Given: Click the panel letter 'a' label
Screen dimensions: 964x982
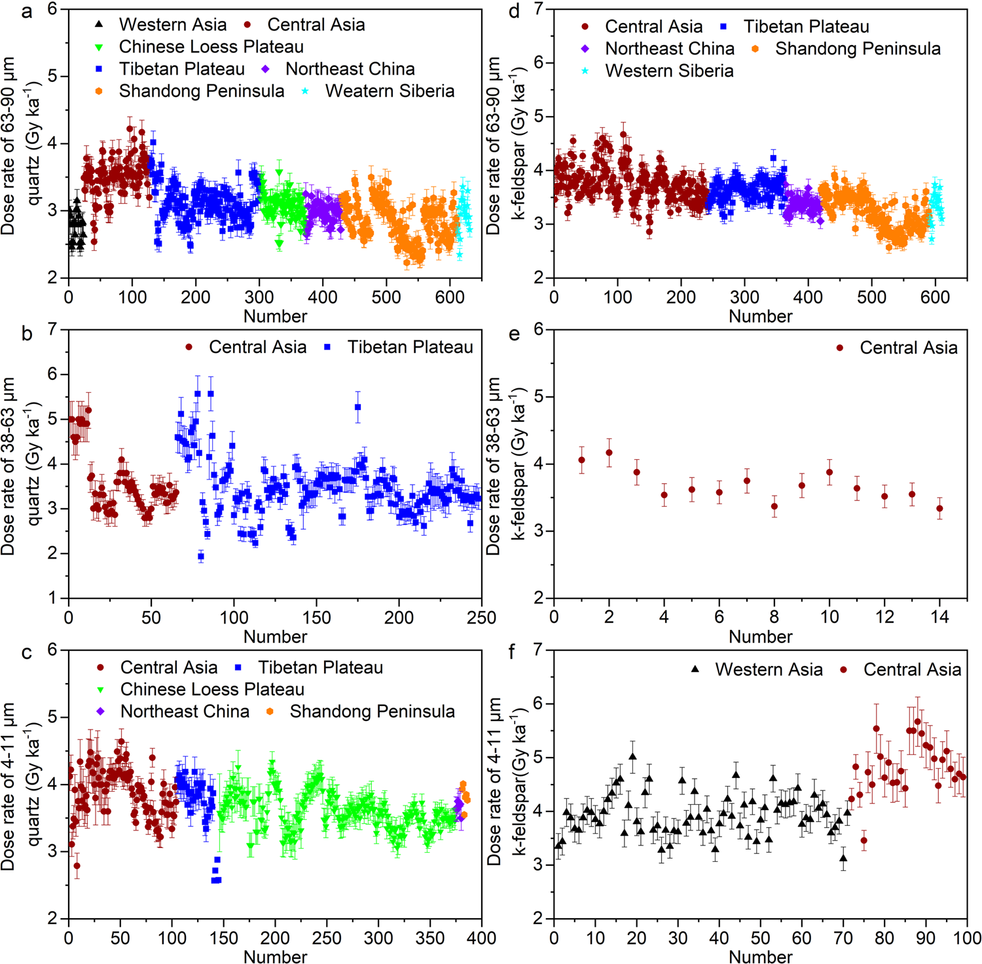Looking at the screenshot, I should pos(27,11).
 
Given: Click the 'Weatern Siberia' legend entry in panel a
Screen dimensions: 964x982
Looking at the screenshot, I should pos(390,91).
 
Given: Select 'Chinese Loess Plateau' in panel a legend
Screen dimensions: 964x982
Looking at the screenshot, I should pos(211,47).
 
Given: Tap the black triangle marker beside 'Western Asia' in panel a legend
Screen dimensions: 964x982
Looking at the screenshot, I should pos(99,25).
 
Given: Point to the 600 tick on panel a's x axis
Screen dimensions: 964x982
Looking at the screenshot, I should pos(450,297).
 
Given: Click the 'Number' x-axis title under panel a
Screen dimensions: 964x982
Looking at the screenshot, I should pos(275,316).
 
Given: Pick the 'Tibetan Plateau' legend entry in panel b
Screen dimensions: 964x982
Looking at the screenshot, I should pos(410,347).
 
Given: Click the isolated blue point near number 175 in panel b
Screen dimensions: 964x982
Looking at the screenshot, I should pos(357,407).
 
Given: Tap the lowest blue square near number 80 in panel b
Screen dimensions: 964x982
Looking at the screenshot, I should pos(201,557).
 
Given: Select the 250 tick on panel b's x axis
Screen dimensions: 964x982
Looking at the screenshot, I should pos(482,618).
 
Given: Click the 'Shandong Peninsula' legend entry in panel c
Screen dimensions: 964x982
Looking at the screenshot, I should pos(372,712).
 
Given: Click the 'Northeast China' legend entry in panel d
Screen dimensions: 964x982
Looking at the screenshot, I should pos(669,49).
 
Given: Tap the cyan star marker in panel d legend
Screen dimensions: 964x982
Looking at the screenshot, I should pos(585,71).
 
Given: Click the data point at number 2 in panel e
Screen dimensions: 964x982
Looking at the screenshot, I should pos(609,453).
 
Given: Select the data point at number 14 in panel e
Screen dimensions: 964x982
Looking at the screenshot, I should pos(940,508).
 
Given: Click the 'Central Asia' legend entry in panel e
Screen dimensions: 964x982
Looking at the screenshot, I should pos(908,348).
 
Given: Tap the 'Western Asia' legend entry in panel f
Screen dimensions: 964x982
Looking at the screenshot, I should pos(769,670).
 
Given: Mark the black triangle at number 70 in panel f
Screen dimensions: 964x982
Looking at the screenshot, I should pos(843,858).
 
